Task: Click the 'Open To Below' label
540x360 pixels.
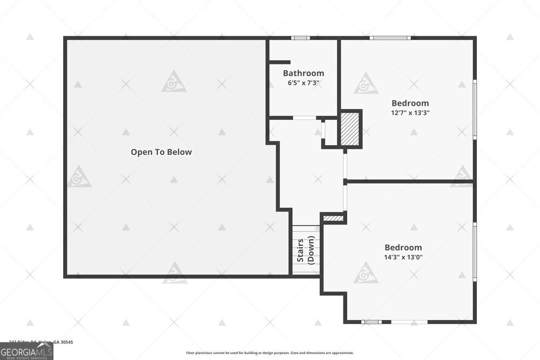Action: [161, 152]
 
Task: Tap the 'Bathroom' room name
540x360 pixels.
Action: [303, 73]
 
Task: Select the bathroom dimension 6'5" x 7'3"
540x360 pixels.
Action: [303, 83]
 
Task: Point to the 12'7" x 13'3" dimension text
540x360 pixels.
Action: [410, 113]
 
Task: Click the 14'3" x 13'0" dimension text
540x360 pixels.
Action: [403, 257]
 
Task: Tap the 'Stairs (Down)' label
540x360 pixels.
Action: [306, 249]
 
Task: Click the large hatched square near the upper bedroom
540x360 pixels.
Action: [350, 128]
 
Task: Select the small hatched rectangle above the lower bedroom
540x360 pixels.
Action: [333, 219]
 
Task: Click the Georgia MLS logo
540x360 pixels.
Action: [26, 352]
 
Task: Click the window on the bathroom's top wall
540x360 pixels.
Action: [300, 38]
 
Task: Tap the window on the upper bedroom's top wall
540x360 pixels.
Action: [390, 38]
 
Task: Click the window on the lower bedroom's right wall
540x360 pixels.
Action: [475, 252]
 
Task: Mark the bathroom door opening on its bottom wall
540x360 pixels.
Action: [305, 118]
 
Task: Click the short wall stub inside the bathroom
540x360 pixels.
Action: [280, 63]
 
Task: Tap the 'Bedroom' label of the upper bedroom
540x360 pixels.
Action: [410, 103]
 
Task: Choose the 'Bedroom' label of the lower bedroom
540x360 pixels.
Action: [403, 247]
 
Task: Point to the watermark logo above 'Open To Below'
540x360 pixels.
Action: [174, 81]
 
